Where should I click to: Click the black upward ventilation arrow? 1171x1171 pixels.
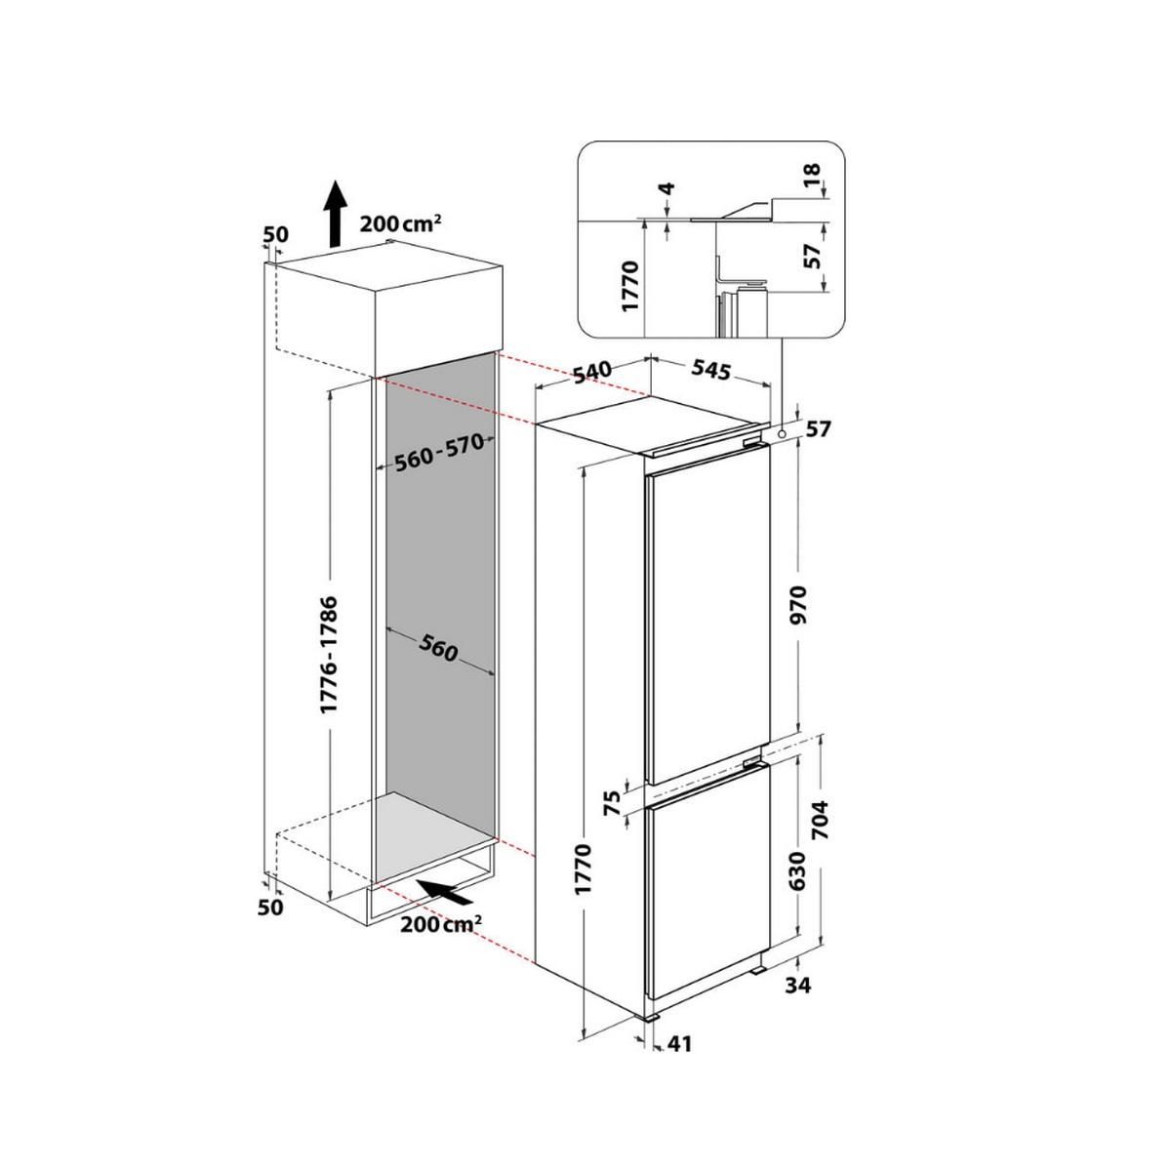pyautogui.click(x=334, y=214)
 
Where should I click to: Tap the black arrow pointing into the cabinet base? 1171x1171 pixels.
pyautogui.click(x=445, y=890)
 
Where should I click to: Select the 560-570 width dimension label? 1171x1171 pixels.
pyautogui.click(x=440, y=452)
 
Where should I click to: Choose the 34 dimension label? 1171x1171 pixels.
pyautogui.click(x=797, y=986)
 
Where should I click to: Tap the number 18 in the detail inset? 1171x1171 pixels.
pyautogui.click(x=813, y=176)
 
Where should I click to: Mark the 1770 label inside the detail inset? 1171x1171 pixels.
pyautogui.click(x=629, y=285)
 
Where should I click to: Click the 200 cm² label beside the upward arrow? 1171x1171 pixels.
pyautogui.click(x=401, y=222)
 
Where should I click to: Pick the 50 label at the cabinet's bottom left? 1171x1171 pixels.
pyautogui.click(x=270, y=908)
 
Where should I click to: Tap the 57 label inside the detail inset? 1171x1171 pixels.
pyautogui.click(x=813, y=256)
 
